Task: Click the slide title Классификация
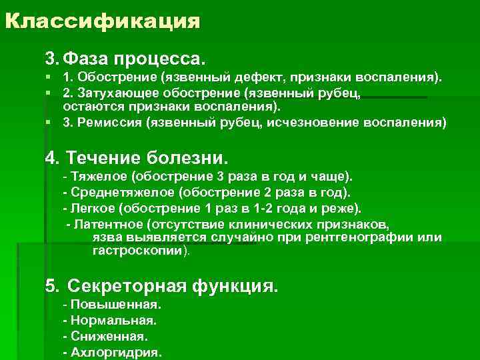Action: pos(102,21)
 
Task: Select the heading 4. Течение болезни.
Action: pos(136,158)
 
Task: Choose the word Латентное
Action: pos(109,223)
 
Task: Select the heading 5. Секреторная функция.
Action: pos(161,286)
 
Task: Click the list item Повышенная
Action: pos(113,305)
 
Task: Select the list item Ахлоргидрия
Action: pos(113,352)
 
